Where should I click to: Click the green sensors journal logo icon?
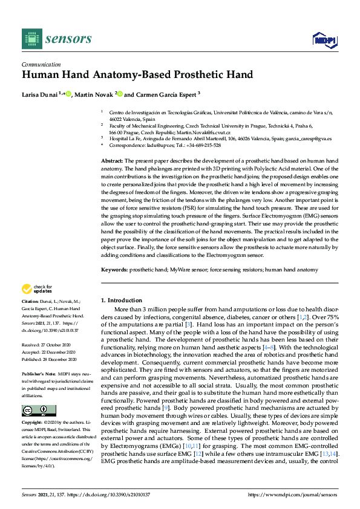tap(30, 39)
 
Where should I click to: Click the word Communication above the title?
tap(40, 63)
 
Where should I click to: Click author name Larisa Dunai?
tap(39, 94)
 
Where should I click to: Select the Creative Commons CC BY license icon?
tap(31, 411)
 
